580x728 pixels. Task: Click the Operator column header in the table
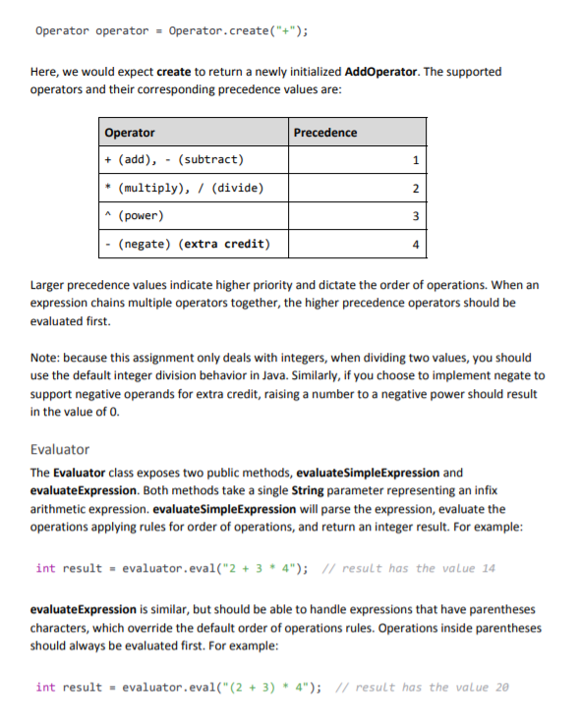pos(130,133)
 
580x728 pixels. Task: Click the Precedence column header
pos(325,133)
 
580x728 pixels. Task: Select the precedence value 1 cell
pos(416,160)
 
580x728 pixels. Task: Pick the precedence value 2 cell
pos(416,189)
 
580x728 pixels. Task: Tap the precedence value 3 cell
pos(416,216)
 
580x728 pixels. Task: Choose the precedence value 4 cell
pos(416,244)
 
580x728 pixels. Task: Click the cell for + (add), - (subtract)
pos(174,160)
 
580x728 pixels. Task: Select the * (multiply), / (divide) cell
pos(184,189)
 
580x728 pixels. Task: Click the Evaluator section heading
pos(60,449)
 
